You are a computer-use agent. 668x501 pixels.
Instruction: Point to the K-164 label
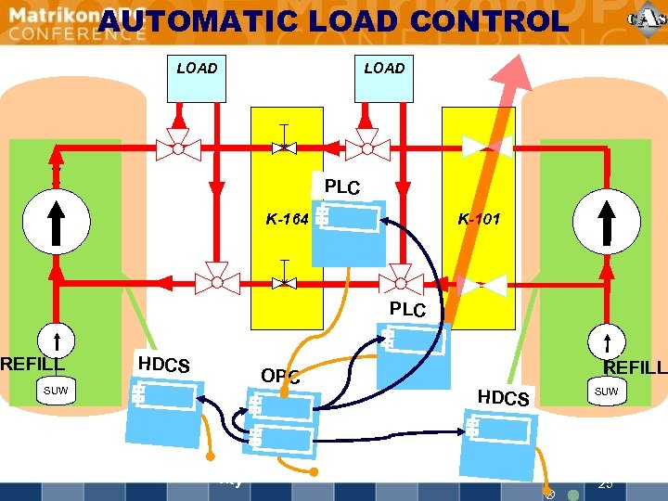coord(287,220)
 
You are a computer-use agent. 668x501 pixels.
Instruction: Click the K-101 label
coord(479,220)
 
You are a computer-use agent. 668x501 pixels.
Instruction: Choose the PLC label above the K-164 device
coord(342,187)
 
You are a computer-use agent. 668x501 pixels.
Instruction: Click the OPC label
coord(280,376)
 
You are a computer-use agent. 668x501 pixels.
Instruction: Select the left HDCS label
coord(163,365)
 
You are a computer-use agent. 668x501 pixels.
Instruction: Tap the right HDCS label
coord(503,397)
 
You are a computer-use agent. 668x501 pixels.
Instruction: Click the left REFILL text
coord(32,365)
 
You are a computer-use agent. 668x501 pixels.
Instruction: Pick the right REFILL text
coord(635,368)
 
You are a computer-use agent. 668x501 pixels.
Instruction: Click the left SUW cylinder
coord(56,392)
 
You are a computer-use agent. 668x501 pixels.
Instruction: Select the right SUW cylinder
coord(606,392)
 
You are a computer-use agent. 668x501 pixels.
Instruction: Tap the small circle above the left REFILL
coord(56,341)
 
